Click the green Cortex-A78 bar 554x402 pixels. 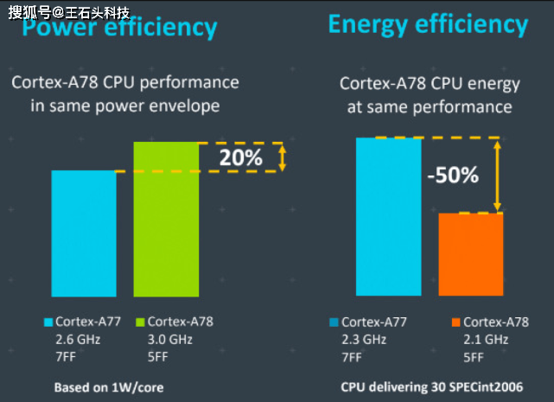[x=166, y=219]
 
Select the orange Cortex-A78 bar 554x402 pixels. [x=470, y=254]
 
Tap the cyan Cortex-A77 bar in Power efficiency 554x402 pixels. [x=83, y=233]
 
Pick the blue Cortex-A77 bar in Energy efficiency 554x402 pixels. [x=388, y=217]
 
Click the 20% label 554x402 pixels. [x=240, y=158]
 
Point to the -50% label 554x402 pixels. [x=452, y=175]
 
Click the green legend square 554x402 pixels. [x=140, y=322]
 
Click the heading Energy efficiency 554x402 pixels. [x=427, y=24]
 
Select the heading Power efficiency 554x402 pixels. [x=119, y=29]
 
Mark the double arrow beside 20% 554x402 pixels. [x=282, y=157]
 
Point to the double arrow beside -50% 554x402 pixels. [x=497, y=175]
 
